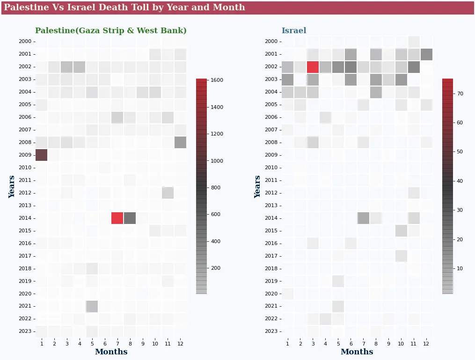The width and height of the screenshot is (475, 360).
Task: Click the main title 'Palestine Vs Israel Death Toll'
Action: pyautogui.click(x=124, y=7)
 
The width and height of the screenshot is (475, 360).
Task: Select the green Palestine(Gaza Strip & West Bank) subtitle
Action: pyautogui.click(x=111, y=31)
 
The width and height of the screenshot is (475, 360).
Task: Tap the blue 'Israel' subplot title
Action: pyautogui.click(x=294, y=31)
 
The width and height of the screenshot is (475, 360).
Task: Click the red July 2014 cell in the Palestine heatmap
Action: pyautogui.click(x=117, y=218)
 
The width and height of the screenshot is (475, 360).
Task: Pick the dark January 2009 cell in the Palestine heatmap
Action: pyautogui.click(x=42, y=155)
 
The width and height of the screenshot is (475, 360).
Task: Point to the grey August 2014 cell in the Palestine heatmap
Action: pyautogui.click(x=130, y=218)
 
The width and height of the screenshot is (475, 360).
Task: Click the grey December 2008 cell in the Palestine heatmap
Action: pyautogui.click(x=180, y=142)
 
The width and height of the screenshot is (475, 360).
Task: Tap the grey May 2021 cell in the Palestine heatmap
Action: pyautogui.click(x=92, y=306)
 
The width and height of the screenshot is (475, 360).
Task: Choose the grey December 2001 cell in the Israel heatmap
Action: pyautogui.click(x=426, y=54)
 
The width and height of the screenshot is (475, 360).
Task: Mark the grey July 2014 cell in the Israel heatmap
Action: pyautogui.click(x=363, y=218)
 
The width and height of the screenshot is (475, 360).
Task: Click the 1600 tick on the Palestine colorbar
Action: pyautogui.click(x=217, y=80)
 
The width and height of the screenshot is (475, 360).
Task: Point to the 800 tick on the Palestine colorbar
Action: pyautogui.click(x=217, y=187)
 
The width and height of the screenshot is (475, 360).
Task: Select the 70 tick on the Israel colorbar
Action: pyautogui.click(x=460, y=94)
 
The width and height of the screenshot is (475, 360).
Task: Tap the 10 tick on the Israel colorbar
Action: pyautogui.click(x=460, y=268)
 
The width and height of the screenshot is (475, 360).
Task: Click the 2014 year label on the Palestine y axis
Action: pyautogui.click(x=25, y=218)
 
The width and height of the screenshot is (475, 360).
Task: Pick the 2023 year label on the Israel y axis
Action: pyautogui.click(x=271, y=331)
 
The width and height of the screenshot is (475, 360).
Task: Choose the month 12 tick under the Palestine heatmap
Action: pyautogui.click(x=180, y=344)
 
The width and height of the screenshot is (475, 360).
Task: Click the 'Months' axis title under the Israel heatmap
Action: pyautogui.click(x=357, y=352)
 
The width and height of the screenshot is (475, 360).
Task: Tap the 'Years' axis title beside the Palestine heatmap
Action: pyautogui.click(x=12, y=187)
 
